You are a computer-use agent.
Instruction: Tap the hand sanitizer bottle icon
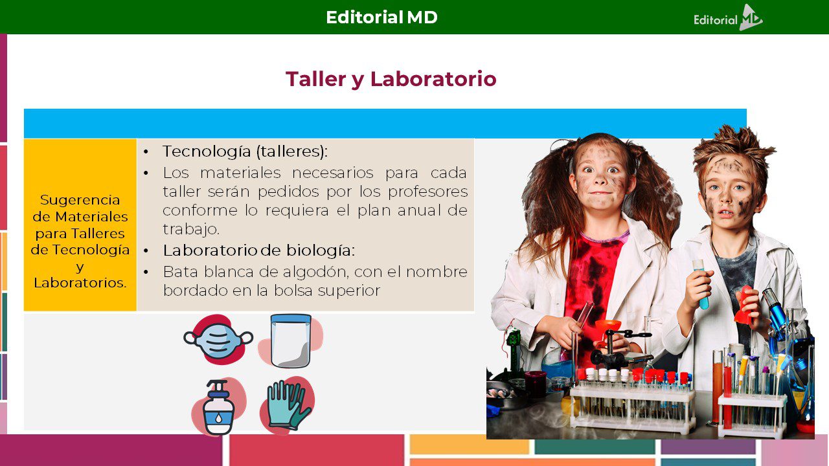[x=218, y=407]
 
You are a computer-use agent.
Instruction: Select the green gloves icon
[x=288, y=405]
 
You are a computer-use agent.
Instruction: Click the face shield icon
[x=291, y=340]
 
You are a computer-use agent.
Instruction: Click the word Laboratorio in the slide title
[x=433, y=79]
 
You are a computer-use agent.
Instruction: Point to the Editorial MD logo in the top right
[x=728, y=17]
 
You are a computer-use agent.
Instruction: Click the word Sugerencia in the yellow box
[x=80, y=200]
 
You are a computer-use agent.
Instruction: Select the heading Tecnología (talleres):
[x=245, y=151]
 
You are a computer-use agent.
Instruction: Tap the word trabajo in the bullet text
[x=190, y=229]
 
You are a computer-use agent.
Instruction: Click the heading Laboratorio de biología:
[x=258, y=250]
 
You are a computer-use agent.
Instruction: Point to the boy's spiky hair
[x=734, y=148]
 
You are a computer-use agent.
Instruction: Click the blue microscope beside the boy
[x=779, y=315]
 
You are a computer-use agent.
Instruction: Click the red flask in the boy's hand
[x=745, y=305]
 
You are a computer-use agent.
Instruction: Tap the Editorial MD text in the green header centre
[x=381, y=17]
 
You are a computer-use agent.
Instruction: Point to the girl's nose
[x=600, y=179]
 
